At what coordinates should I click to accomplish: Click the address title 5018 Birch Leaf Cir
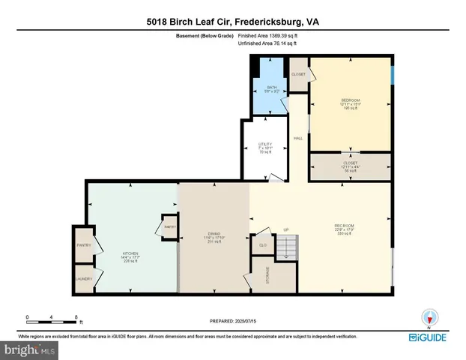pos(232,22)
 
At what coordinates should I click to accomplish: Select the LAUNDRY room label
pos(83,279)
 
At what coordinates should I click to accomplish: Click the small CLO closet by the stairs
pos(263,244)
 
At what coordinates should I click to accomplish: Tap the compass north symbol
pos(429,317)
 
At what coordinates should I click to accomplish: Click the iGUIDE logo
pos(432,338)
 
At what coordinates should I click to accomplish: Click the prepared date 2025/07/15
pos(232,321)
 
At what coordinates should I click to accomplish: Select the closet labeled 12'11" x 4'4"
pos(351,166)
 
